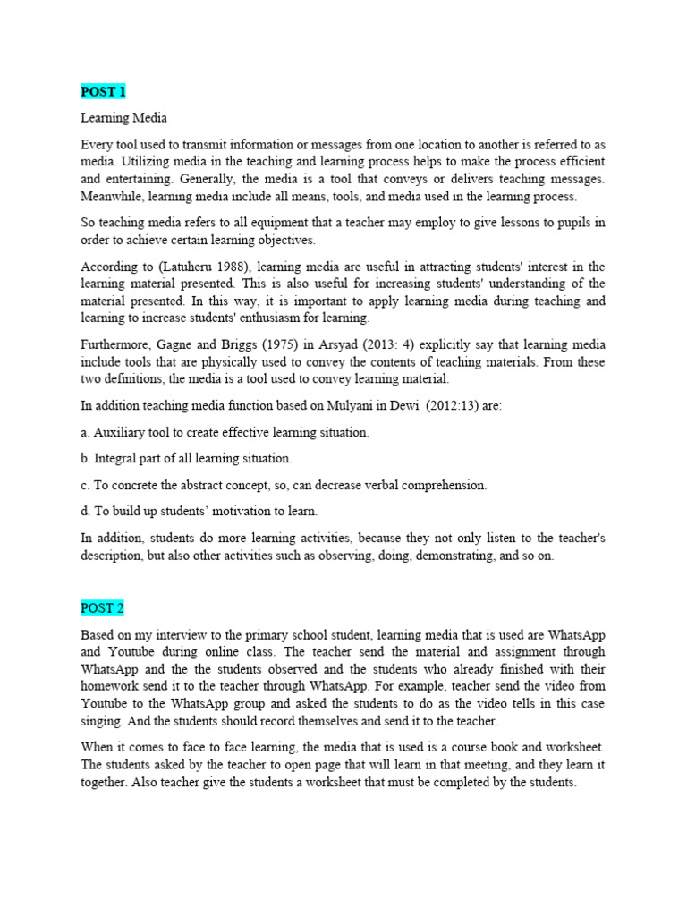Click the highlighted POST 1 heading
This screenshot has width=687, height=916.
[x=103, y=92]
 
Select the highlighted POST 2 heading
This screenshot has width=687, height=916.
[x=103, y=608]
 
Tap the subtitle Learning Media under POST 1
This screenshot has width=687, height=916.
[x=123, y=118]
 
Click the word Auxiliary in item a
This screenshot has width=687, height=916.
[x=120, y=432]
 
